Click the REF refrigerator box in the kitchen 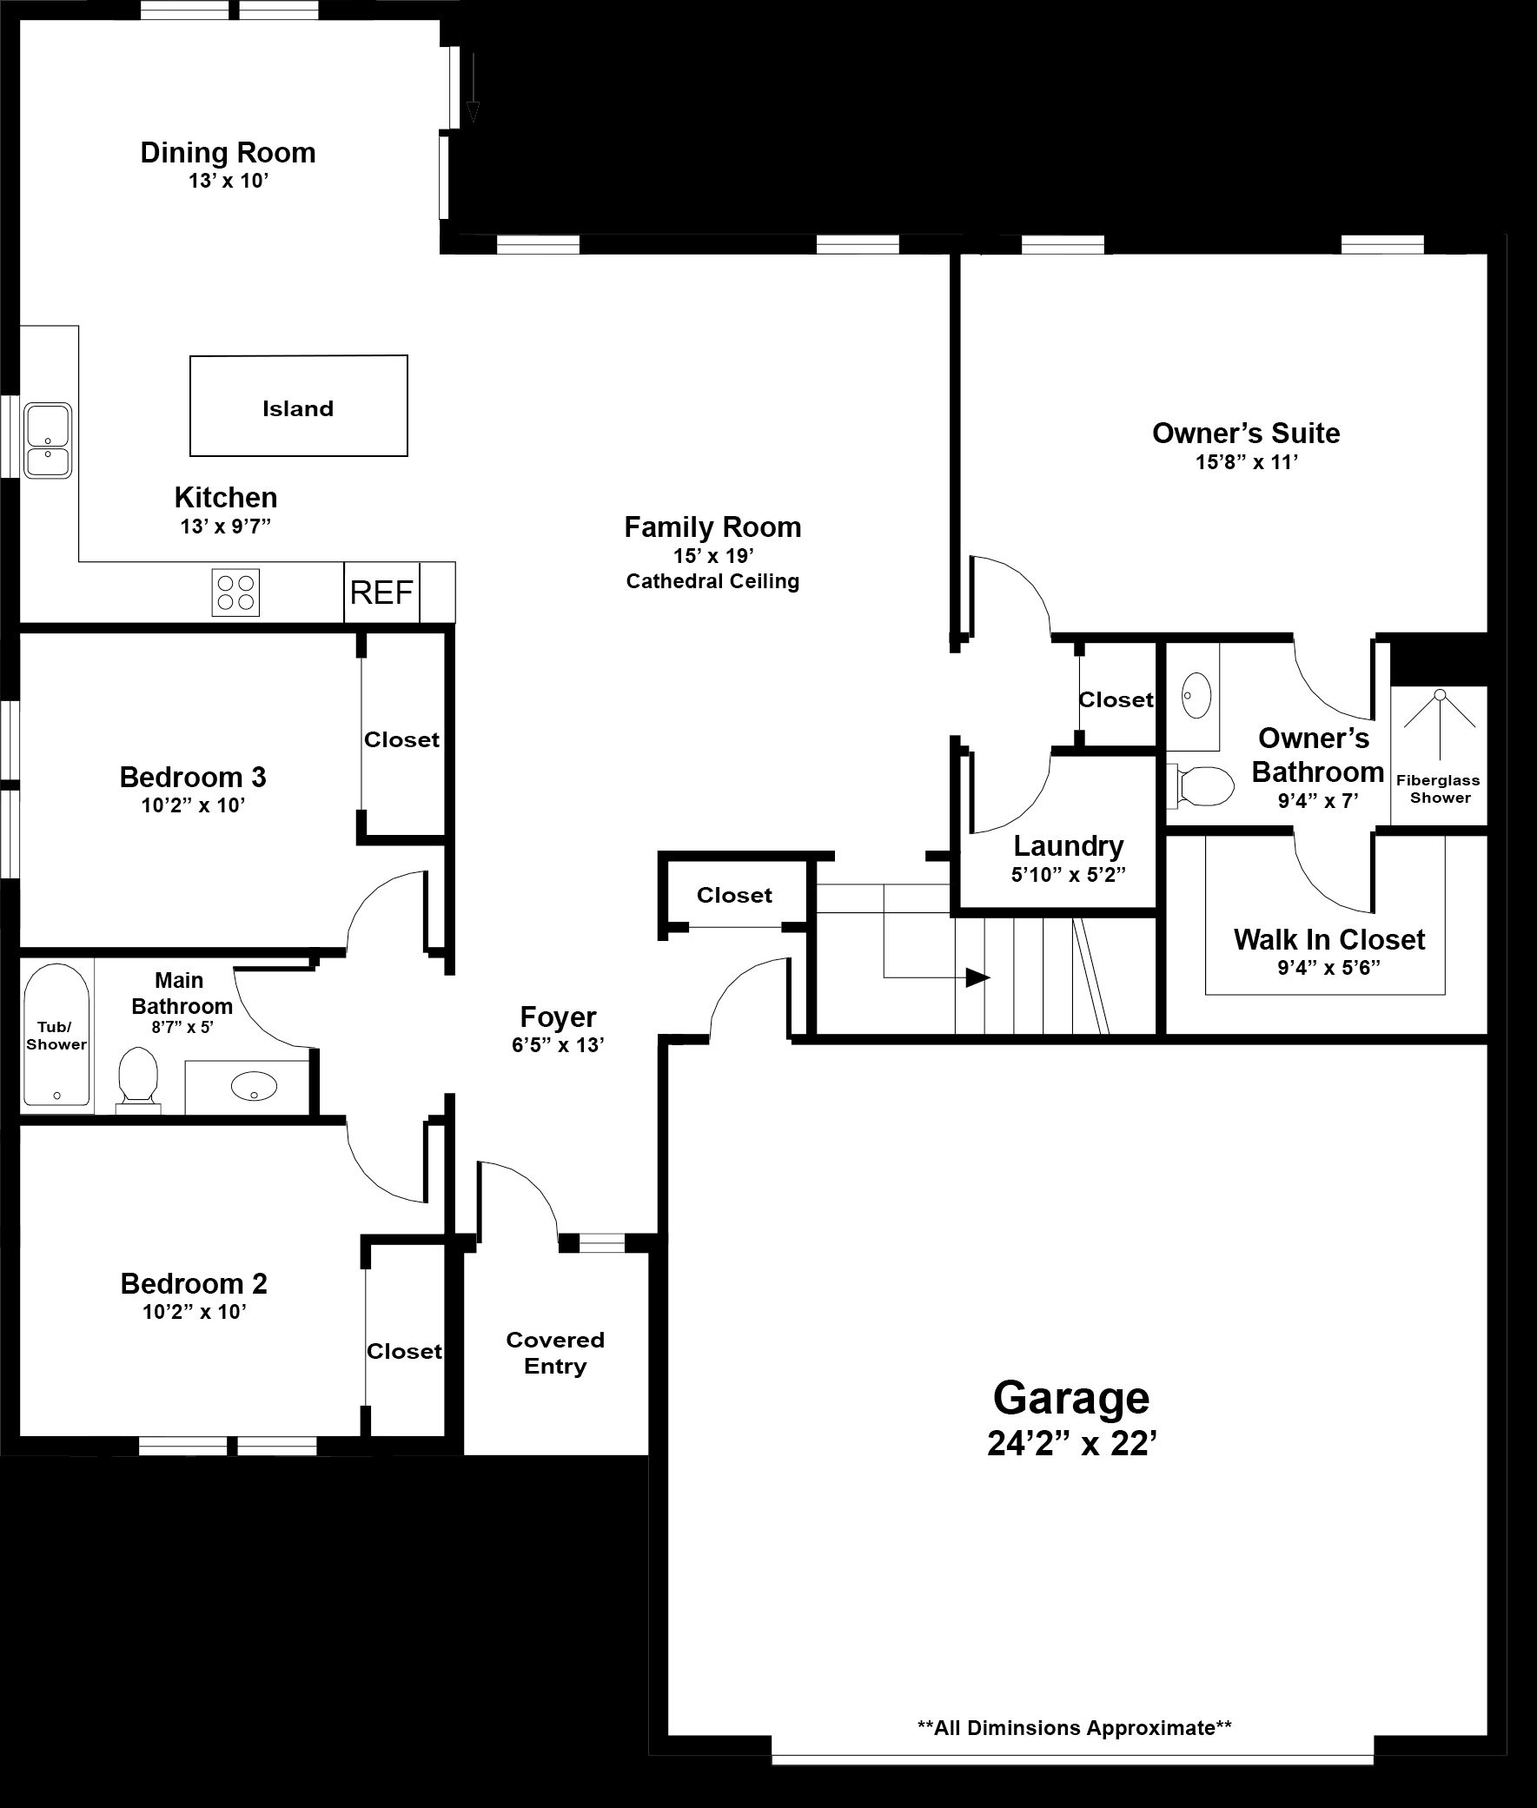pos(381,593)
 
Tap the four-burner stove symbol pos(235,593)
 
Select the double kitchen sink pos(47,440)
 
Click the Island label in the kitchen pos(298,408)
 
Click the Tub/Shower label pos(56,1036)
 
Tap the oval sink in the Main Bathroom pos(254,1086)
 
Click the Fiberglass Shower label pos(1440,789)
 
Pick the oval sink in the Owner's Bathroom pos(1196,695)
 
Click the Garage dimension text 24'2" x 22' pos(1071,1444)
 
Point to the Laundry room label pos(1068,845)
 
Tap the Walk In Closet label pos(1328,939)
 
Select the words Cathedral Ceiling pos(712,581)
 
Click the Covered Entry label pos(555,1352)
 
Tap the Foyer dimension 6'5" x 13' pos(558,1044)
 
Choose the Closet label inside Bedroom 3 pos(401,738)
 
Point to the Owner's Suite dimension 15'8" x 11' pos(1246,462)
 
